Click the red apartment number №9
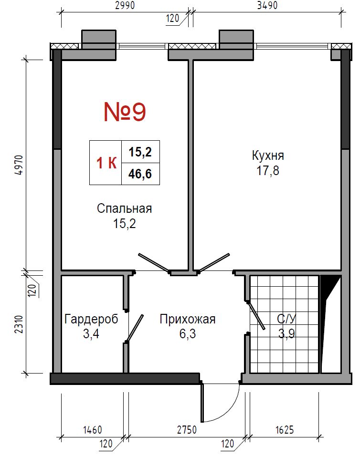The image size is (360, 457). (x=125, y=112)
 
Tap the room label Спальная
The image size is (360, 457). (x=124, y=208)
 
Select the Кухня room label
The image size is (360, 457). (x=268, y=156)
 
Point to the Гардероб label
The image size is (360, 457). (x=91, y=319)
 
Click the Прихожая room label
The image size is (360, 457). (x=188, y=320)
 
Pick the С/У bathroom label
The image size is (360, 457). (x=286, y=319)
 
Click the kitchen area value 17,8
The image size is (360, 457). (x=268, y=170)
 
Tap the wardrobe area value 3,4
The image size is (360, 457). (x=91, y=334)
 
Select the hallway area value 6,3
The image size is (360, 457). (x=188, y=334)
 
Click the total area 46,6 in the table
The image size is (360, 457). (x=140, y=174)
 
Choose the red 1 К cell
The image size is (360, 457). (x=106, y=163)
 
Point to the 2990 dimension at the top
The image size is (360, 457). (x=125, y=5)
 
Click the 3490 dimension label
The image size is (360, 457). (x=267, y=5)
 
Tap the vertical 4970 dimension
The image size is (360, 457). (x=18, y=165)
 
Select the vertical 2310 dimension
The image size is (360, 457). (x=18, y=324)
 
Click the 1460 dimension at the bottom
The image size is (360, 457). (x=93, y=430)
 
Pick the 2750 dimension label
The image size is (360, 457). (x=187, y=430)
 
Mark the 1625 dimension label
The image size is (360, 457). (x=285, y=430)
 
